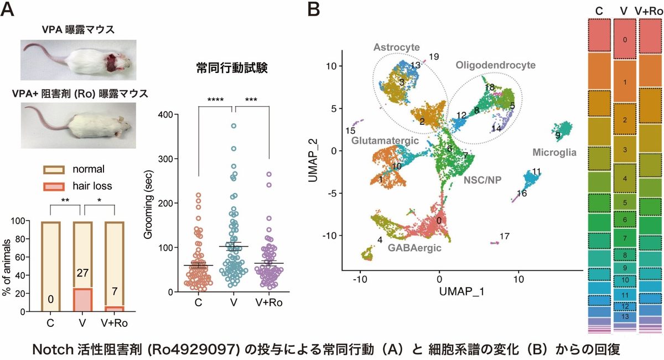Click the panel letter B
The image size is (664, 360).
pyautogui.click(x=313, y=9)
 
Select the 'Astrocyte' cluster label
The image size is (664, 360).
pyautogui.click(x=396, y=48)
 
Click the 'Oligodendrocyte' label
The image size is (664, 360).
pyautogui.click(x=495, y=65)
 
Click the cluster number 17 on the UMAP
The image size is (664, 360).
pyautogui.click(x=504, y=237)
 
